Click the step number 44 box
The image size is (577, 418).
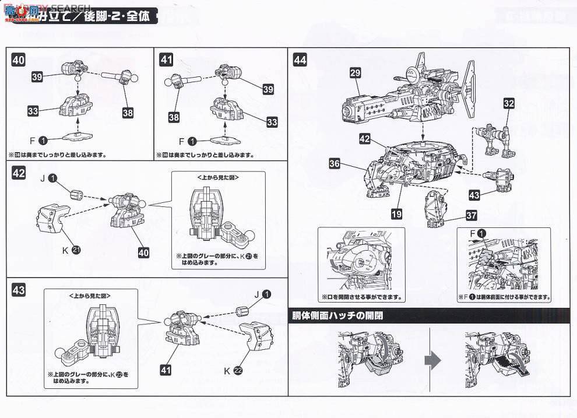pyautogui.click(x=300, y=59)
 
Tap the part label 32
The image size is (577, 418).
pyautogui.click(x=509, y=104)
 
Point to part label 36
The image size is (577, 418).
pyautogui.click(x=335, y=164)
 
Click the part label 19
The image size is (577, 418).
pyautogui.click(x=396, y=214)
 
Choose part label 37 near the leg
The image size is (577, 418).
pyautogui.click(x=472, y=216)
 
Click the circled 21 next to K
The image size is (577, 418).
pyautogui.click(x=76, y=251)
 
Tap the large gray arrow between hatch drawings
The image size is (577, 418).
pyautogui.click(x=432, y=361)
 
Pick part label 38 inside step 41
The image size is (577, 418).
pyautogui.click(x=174, y=117)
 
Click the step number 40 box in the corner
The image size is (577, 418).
pyautogui.click(x=19, y=59)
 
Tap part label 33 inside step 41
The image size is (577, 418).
pyautogui.click(x=272, y=122)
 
